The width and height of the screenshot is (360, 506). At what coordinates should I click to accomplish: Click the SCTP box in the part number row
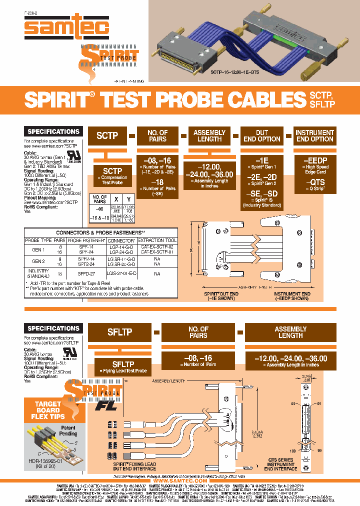point(107,135)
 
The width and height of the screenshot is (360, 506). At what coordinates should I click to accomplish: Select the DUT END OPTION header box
point(262,135)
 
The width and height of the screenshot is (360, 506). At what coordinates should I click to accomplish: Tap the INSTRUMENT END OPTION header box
point(314,135)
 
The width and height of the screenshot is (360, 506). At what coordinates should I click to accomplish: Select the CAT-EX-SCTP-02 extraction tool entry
point(157,247)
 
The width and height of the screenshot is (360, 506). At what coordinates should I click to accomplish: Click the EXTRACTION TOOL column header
point(157,240)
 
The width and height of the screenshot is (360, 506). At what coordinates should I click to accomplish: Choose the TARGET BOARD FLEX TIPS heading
point(48,410)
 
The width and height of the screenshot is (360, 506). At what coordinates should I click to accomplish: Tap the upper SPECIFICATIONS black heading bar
point(53,131)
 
